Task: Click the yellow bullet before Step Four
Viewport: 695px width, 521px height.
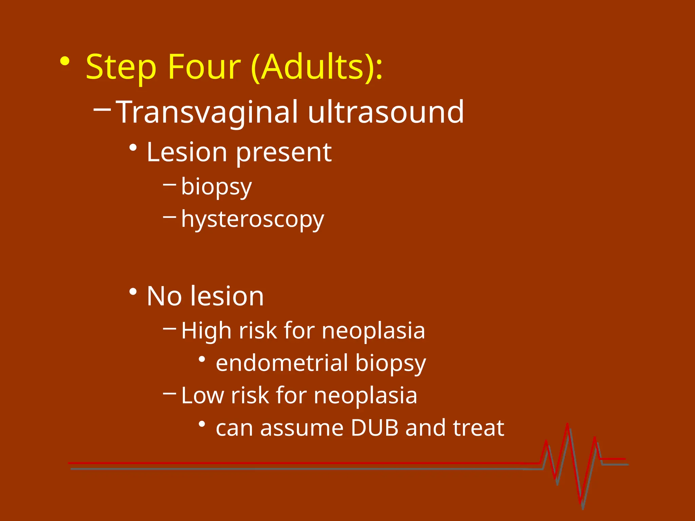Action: tap(64, 62)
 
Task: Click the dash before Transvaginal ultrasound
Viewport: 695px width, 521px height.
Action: tap(102, 109)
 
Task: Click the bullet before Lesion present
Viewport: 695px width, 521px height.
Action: tap(133, 148)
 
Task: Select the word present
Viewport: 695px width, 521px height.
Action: tap(284, 153)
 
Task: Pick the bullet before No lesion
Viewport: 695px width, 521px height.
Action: tap(133, 292)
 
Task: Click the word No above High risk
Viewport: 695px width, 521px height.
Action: tap(164, 296)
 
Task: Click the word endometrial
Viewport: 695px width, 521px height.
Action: tap(282, 363)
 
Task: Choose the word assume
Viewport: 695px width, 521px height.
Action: tap(302, 428)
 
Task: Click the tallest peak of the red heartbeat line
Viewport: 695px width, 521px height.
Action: tap(567, 425)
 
